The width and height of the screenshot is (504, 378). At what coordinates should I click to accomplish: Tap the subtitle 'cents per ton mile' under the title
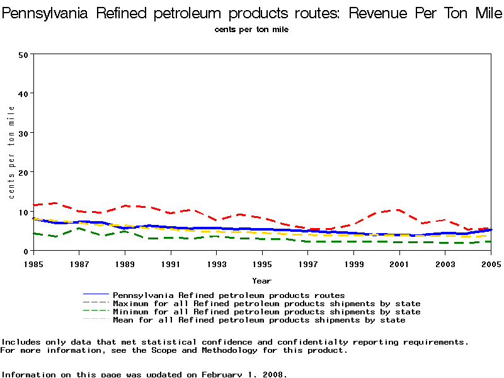[252, 30]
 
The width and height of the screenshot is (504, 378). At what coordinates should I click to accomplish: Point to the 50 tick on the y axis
[23, 54]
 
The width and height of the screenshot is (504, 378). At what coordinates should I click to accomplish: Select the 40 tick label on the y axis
[23, 93]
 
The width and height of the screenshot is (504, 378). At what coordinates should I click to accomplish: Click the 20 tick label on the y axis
[23, 172]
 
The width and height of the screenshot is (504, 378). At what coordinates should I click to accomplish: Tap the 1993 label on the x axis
[216, 263]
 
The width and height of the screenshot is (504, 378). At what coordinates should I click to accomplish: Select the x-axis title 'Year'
[261, 280]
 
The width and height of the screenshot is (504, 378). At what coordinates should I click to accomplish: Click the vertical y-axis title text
[11, 152]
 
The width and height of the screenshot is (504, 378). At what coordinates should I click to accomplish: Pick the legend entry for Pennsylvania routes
[228, 295]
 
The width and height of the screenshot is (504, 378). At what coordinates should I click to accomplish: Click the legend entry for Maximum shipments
[266, 304]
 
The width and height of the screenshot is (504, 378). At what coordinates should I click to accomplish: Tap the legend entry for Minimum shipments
[266, 312]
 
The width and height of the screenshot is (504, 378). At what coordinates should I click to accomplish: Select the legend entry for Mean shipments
[258, 320]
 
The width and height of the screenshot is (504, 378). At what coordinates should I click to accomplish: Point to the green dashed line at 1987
[78, 228]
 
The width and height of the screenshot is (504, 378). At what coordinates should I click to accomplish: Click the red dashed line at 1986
[55, 203]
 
